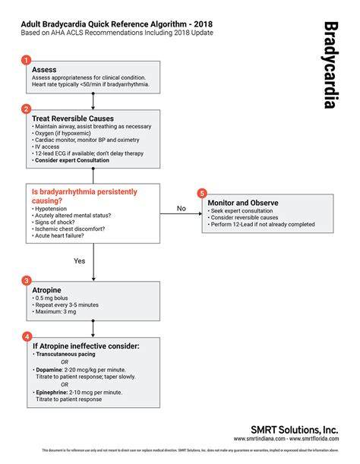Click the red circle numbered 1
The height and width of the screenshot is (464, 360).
point(27,59)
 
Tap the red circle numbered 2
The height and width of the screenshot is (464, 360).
point(27,109)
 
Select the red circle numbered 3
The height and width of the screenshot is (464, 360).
point(27,280)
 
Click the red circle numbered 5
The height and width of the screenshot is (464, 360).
point(201,193)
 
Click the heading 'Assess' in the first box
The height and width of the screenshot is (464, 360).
point(44,68)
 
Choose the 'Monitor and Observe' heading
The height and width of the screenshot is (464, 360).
point(242,203)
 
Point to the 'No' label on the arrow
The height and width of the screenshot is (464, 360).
point(181,207)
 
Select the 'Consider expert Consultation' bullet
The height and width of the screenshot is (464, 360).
point(71,160)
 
